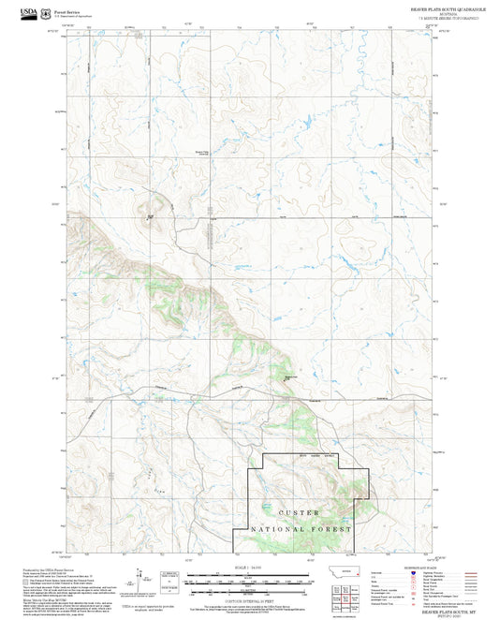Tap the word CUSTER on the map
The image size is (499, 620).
click(x=300, y=513)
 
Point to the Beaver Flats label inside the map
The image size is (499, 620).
click(x=201, y=154)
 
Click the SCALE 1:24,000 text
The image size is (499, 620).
click(x=248, y=568)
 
